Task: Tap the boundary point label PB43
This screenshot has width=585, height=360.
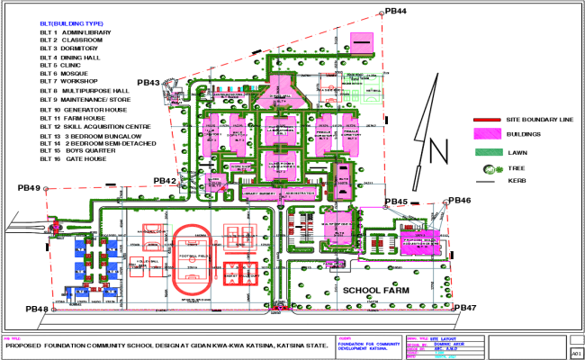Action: tap(148, 83)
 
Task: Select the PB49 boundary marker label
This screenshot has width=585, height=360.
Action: tap(30, 188)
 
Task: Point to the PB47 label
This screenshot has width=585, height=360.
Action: tap(465, 308)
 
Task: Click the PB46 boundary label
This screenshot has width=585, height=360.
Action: tap(459, 200)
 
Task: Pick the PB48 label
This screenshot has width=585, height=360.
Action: tap(37, 310)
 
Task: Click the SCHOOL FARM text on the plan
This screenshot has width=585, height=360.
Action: tap(375, 291)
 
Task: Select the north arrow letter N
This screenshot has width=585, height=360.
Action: tap(436, 152)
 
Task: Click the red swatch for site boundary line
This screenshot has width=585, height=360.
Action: tap(488, 120)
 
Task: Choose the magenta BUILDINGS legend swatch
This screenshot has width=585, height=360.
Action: tap(487, 135)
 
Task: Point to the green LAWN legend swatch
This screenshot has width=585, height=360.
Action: tap(487, 152)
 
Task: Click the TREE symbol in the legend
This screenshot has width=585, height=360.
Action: tap(489, 168)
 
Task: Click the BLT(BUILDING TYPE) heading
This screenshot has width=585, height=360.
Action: tap(73, 22)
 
